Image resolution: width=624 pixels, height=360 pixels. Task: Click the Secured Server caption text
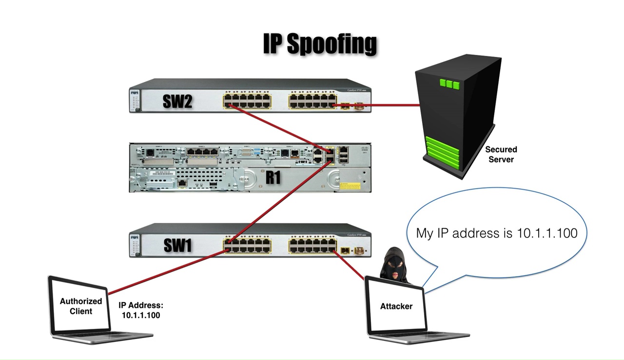pyautogui.click(x=501, y=154)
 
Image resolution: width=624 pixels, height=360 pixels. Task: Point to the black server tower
pyautogui.click(x=456, y=117)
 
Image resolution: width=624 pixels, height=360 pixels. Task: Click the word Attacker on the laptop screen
pyautogui.click(x=396, y=306)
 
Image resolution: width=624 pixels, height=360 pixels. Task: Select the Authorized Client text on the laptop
pyautogui.click(x=81, y=306)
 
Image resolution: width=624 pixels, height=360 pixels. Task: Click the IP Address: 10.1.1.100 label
pyautogui.click(x=141, y=310)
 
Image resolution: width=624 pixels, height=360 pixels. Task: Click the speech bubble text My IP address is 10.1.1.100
pyautogui.click(x=496, y=233)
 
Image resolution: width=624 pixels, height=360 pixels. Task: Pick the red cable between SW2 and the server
pyautogui.click(x=380, y=105)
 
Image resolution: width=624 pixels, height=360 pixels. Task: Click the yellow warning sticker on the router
pyautogui.click(x=350, y=186)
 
